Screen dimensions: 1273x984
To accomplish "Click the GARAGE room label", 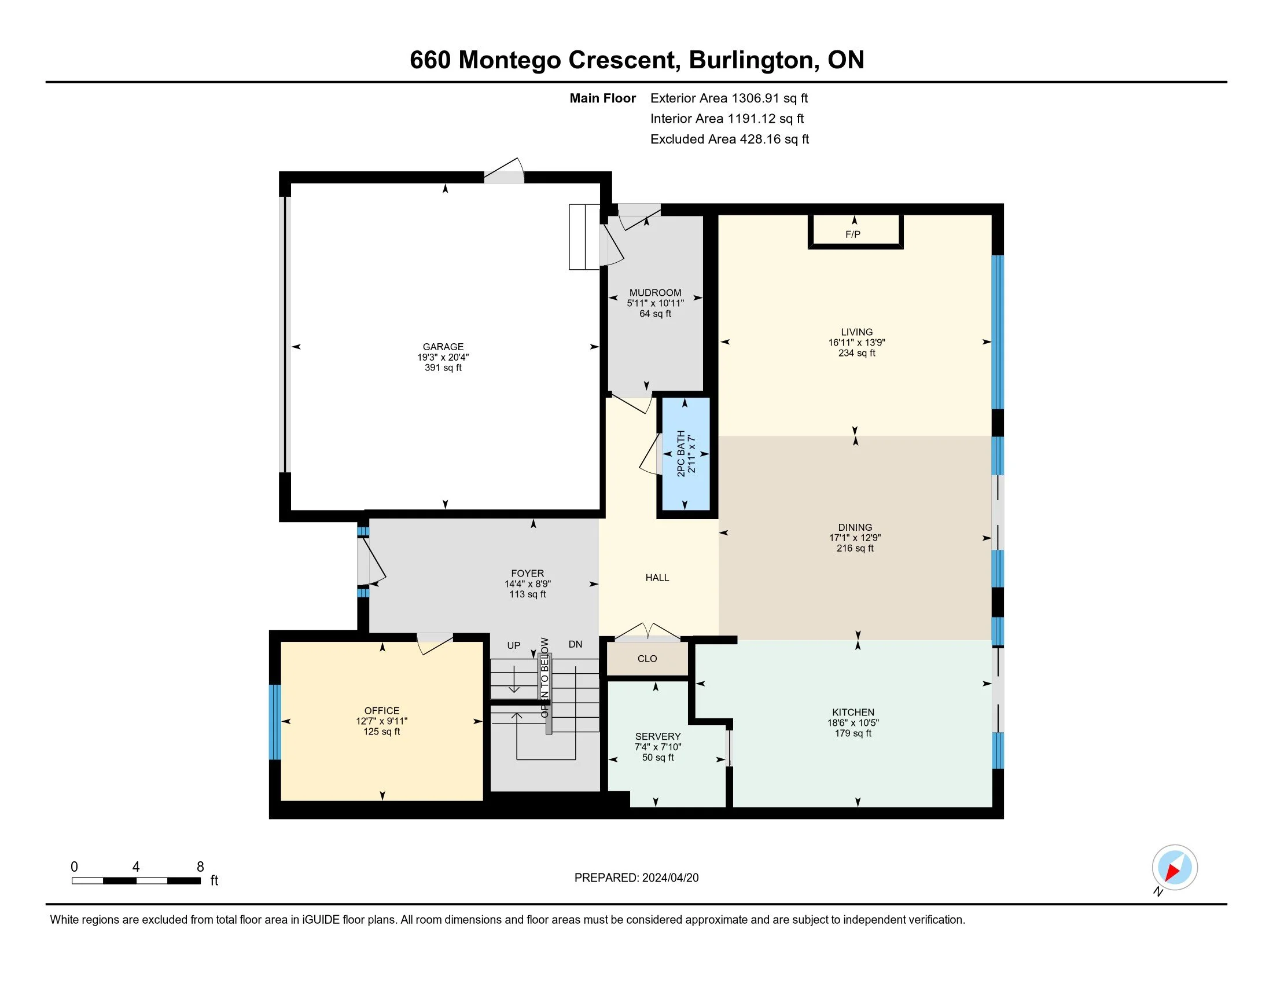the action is pos(443,347).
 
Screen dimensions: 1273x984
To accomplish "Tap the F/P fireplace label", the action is pos(853,234).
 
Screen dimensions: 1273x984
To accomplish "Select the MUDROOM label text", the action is pos(655,293).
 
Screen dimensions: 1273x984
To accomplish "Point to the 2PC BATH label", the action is pos(681,454).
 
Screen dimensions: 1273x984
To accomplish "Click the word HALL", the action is pos(657,578).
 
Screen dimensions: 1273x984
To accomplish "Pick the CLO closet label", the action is pos(647,659).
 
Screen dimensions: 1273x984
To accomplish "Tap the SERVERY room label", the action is pos(658,736).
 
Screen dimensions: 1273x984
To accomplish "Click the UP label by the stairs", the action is pos(513,645).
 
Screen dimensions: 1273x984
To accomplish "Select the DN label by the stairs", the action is pos(575,644).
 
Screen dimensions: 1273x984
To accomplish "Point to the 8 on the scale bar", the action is pos(201,867).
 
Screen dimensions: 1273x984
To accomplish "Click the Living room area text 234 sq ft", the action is pos(857,353).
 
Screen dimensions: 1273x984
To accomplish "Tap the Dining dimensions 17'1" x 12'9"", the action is pos(855,538).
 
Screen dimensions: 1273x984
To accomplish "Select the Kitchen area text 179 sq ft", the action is pos(853,733).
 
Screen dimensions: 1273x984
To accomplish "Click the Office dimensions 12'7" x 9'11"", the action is pos(382,721).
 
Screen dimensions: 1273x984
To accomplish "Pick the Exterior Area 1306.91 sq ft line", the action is pos(729,98).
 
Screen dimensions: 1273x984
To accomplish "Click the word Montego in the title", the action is pos(509,60).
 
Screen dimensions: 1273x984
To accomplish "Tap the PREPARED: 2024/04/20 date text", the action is pos(636,877).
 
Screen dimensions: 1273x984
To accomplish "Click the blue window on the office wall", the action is pos(274,722).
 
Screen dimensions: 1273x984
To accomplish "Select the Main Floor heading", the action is pos(603,98).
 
